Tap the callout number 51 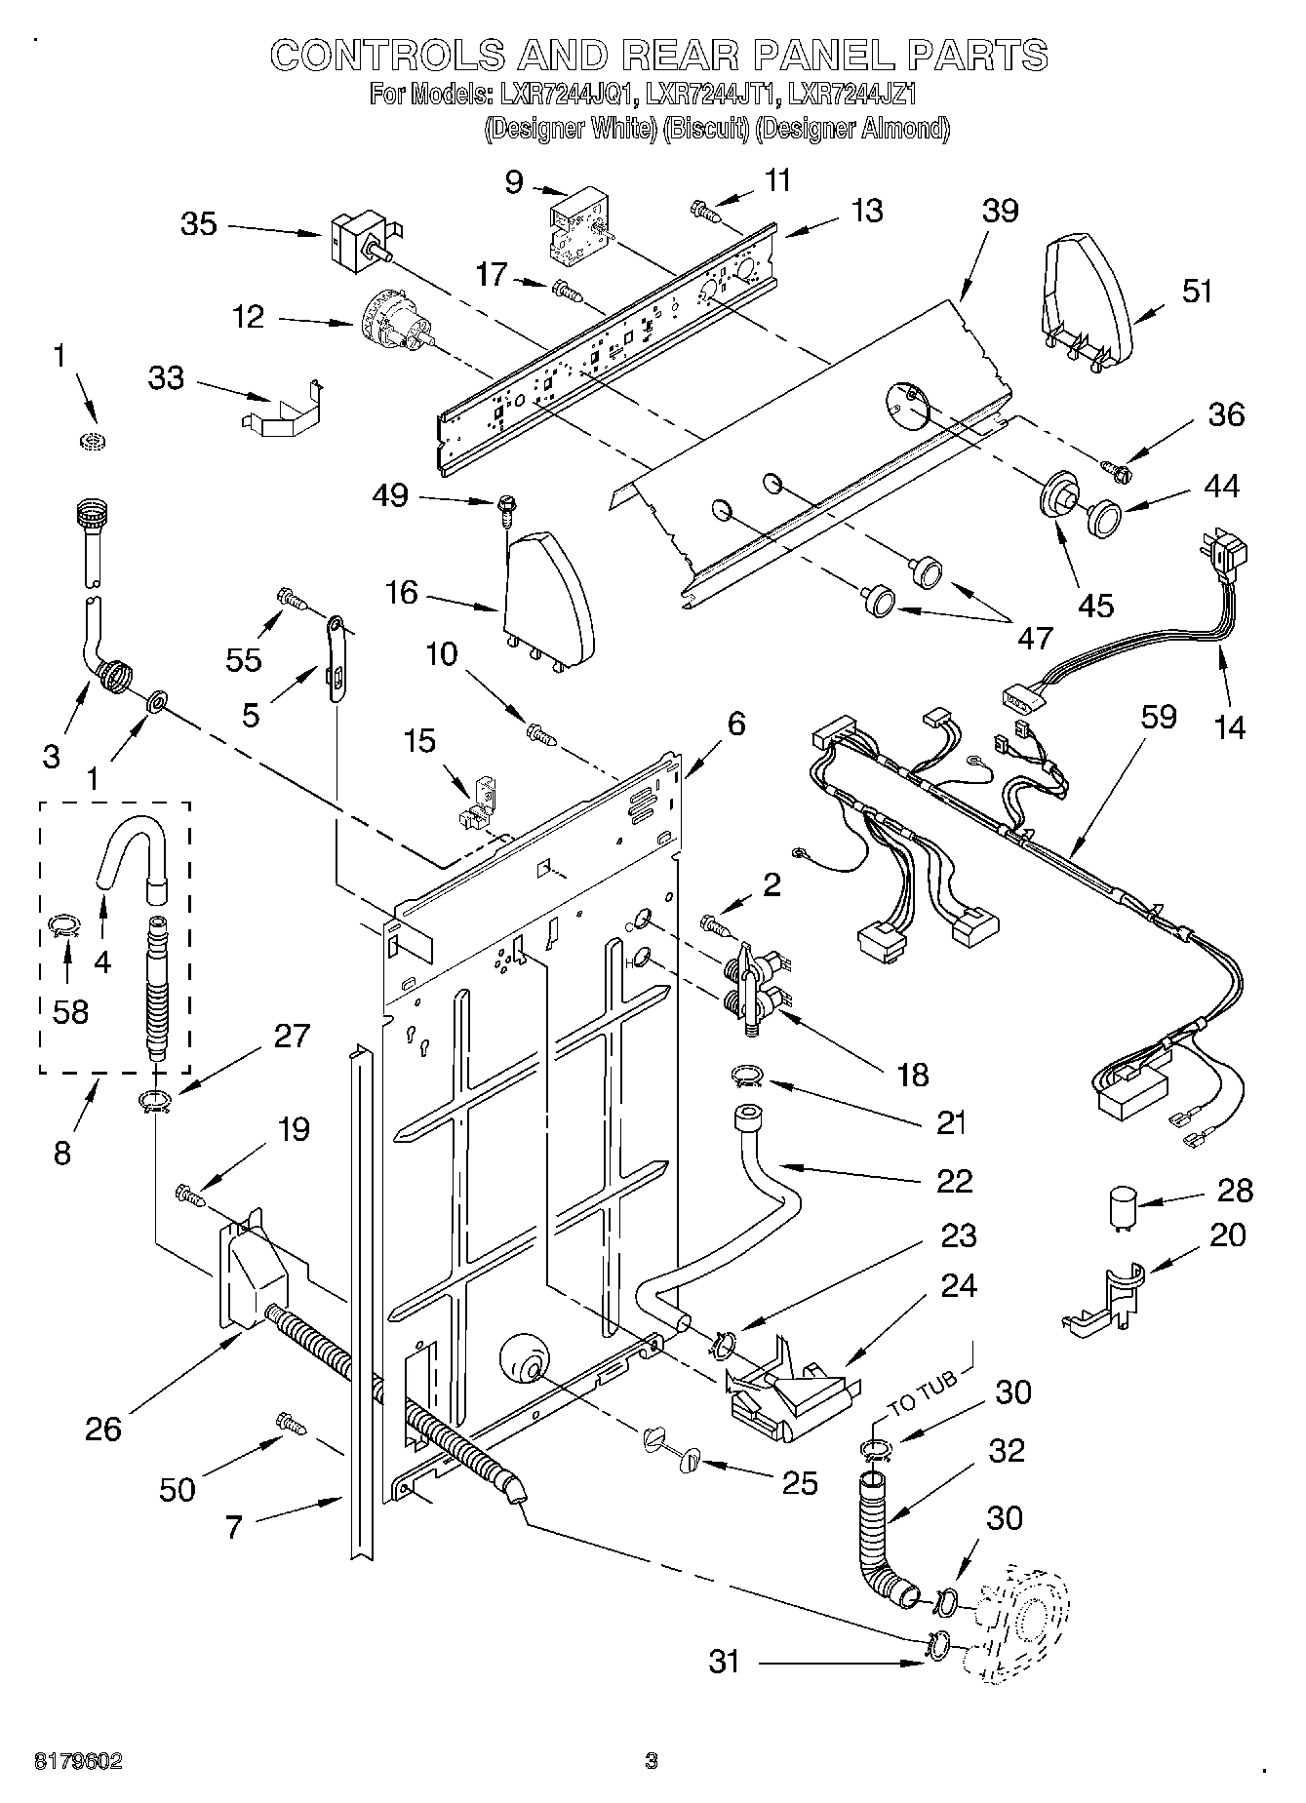(x=1197, y=291)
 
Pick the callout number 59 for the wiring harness (x=1158, y=717)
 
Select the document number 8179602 (x=78, y=1761)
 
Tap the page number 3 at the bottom (x=652, y=1761)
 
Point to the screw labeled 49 (x=507, y=504)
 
